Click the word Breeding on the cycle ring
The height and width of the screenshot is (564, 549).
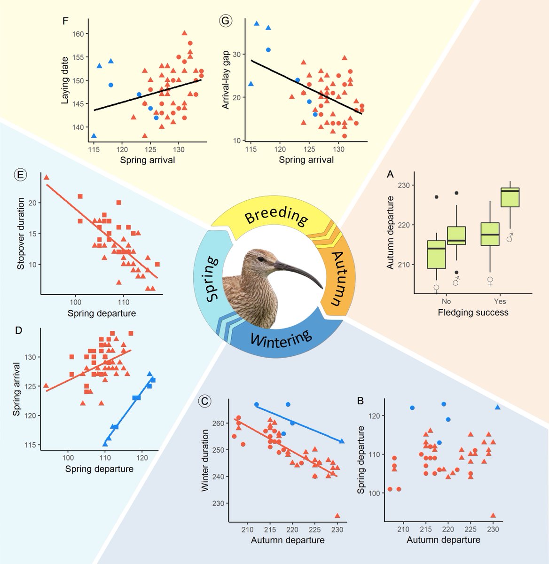tap(276, 217)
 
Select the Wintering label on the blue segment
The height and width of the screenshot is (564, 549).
tap(281, 338)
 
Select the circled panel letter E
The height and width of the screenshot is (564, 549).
tap(20, 175)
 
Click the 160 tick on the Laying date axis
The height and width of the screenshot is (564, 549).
tap(78, 34)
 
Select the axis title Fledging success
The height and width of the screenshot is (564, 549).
tap(473, 312)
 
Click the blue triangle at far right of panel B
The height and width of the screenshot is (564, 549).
tap(498, 407)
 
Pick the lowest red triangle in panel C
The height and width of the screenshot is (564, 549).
tap(337, 516)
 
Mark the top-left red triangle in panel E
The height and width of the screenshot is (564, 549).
tap(46, 178)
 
